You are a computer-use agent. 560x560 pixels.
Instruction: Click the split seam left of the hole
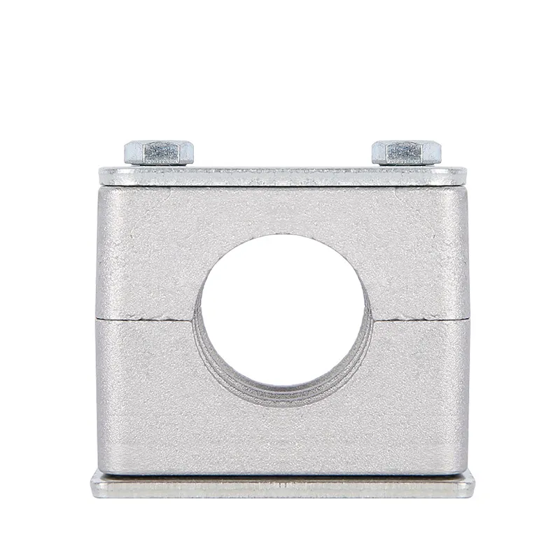tap(146, 316)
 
